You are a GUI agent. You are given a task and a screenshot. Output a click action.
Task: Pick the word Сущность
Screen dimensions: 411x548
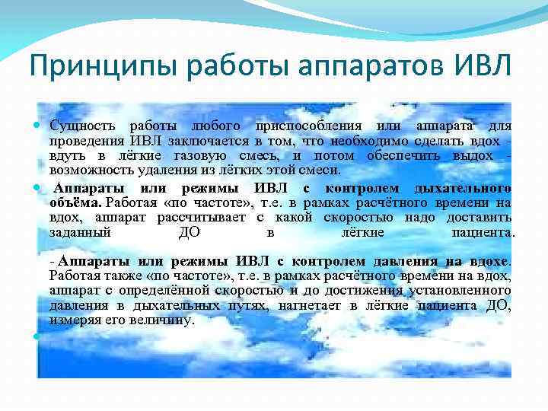[82, 126]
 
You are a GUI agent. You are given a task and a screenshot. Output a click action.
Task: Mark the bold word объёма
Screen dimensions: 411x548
[75, 202]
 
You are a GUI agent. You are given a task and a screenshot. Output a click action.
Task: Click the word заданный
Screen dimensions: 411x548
[81, 233]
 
